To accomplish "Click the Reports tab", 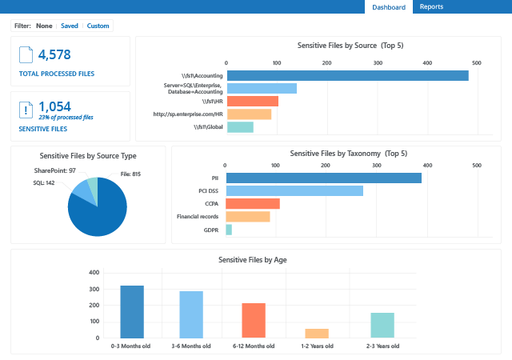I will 431,7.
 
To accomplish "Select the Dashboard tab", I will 389,7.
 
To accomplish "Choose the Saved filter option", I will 70,26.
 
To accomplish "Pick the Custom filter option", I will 98,26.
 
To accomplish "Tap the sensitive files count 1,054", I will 54,106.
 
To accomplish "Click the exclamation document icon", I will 26,110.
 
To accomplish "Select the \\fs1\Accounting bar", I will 347,75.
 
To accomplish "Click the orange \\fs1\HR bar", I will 253,101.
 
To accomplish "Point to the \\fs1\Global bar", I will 240,126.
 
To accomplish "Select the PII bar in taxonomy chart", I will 323,178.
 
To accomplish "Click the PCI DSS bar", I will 294,190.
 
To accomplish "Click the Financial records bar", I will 248,217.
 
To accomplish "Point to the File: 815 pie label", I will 130,174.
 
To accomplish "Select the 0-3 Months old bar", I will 132,311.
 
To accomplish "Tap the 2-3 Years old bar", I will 382,325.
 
